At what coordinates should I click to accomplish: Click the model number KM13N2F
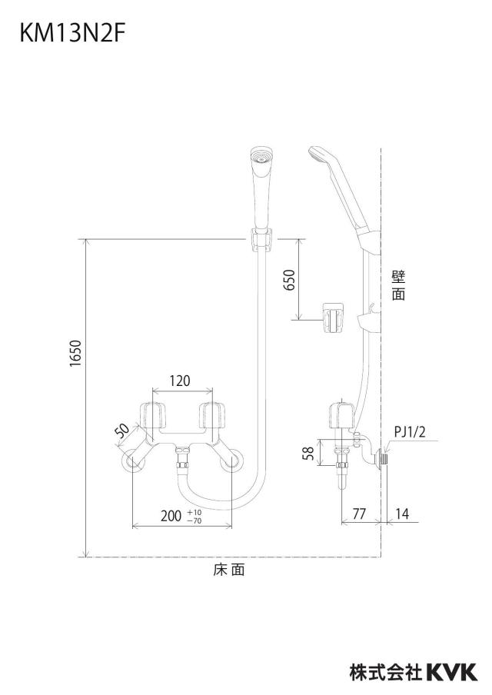[71, 34]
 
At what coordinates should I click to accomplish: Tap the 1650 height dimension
[76, 353]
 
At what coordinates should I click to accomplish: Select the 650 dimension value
[289, 280]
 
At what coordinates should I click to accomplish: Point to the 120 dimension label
[180, 381]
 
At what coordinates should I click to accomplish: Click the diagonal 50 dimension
[122, 431]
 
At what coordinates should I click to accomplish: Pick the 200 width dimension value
[171, 516]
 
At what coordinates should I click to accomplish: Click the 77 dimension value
[359, 514]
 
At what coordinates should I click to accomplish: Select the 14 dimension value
[401, 514]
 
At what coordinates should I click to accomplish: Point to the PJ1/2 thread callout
[409, 432]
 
